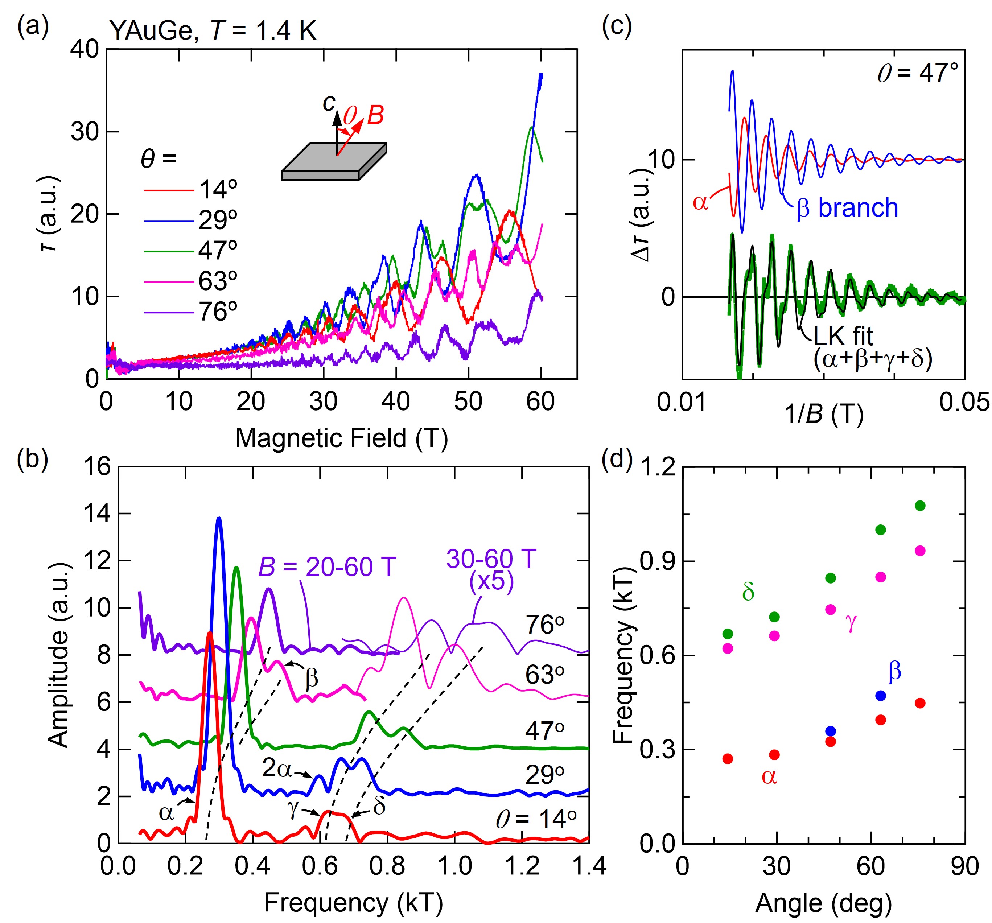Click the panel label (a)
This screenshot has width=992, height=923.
pyautogui.click(x=33, y=28)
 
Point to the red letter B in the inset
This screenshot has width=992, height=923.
pyautogui.click(x=375, y=116)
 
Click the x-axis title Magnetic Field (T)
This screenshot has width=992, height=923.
pyautogui.click(x=341, y=438)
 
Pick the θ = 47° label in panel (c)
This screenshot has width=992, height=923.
pyautogui.click(x=918, y=73)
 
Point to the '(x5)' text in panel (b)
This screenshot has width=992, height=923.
pyautogui.click(x=491, y=582)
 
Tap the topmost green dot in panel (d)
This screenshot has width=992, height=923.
pyautogui.click(x=920, y=506)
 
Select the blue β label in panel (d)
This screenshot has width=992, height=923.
pyautogui.click(x=895, y=672)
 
